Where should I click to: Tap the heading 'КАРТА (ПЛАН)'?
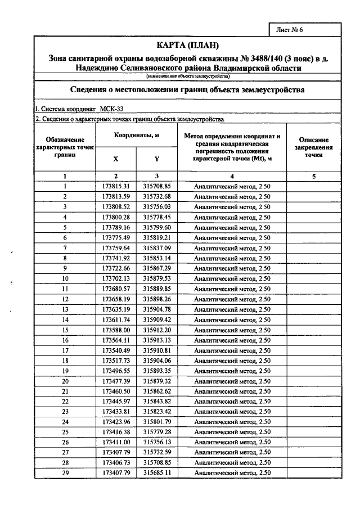[186, 45]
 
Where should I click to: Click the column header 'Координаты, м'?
[137, 136]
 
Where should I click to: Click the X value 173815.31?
[116, 186]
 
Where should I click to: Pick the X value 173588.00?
[116, 330]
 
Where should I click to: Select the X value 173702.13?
[116, 278]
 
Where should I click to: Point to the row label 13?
[65, 309]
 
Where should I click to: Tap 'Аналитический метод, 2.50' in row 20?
[232, 381]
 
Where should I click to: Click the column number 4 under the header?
[232, 176]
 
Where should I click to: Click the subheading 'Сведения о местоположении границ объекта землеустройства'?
[186, 89]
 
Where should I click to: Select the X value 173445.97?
[116, 402]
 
